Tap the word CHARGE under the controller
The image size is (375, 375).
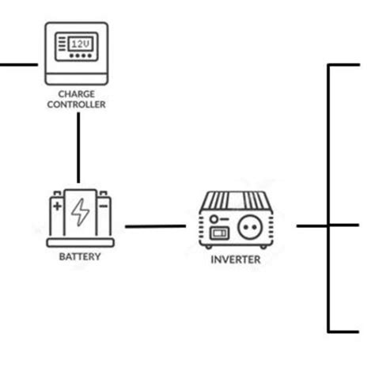pyautogui.click(x=78, y=93)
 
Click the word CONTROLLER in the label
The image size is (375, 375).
pyautogui.click(x=78, y=104)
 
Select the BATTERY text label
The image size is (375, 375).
pyautogui.click(x=79, y=257)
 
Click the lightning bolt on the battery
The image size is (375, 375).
pyautogui.click(x=80, y=212)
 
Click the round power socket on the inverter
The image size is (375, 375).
pyautogui.click(x=254, y=225)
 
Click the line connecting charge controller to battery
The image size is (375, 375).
pyautogui.click(x=78, y=146)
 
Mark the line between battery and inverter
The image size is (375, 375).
pyautogui.click(x=155, y=226)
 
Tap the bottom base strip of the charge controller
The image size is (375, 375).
pyautogui.click(x=78, y=78)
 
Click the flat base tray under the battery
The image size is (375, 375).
pyautogui.click(x=79, y=241)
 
